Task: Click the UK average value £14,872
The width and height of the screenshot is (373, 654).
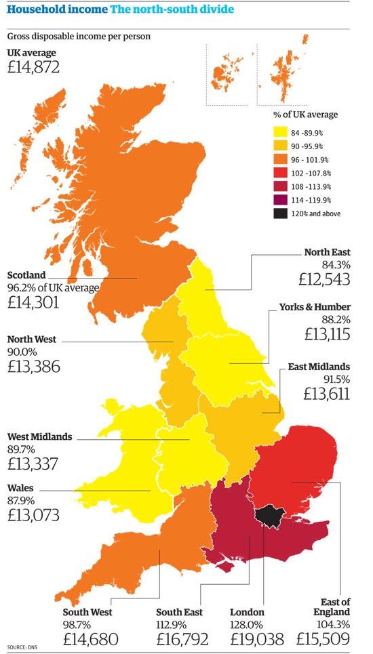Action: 33,67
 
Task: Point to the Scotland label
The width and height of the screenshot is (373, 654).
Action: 26,276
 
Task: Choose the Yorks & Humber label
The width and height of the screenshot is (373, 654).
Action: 315,307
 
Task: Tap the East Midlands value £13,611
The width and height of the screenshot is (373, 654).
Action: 327,394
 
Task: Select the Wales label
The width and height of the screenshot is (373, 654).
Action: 20,488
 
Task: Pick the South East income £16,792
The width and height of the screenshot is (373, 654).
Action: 182,638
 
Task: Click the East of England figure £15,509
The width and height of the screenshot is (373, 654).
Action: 323,638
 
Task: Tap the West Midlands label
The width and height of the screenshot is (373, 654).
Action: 39,437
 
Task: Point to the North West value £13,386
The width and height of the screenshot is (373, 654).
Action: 33,367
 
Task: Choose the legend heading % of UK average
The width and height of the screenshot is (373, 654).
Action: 305,115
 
